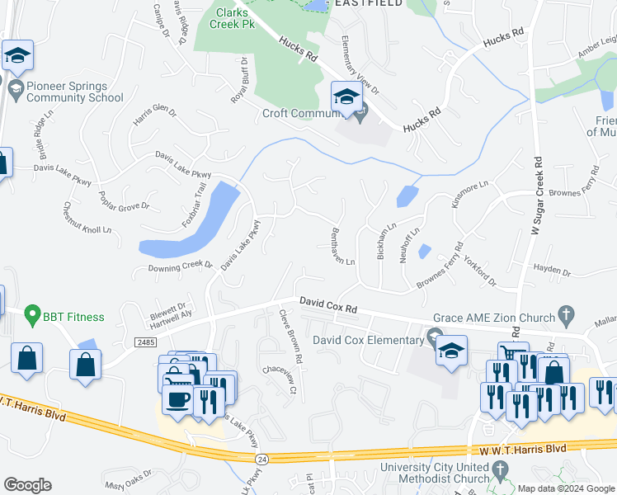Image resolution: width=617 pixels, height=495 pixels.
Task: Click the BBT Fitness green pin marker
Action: coord(32,314)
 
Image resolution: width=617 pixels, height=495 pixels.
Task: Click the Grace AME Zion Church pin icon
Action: coord(565,314)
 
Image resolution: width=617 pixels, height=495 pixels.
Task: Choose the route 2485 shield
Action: coord(145,342)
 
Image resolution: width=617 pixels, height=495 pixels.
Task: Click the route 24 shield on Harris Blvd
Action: coord(261,457)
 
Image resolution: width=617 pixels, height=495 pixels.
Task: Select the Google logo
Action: coord(27,485)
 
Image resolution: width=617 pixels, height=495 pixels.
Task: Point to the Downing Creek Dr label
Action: coord(180,267)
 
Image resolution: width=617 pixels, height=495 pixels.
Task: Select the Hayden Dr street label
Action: coord(552,270)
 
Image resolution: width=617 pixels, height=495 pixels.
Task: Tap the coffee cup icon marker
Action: coord(177,400)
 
